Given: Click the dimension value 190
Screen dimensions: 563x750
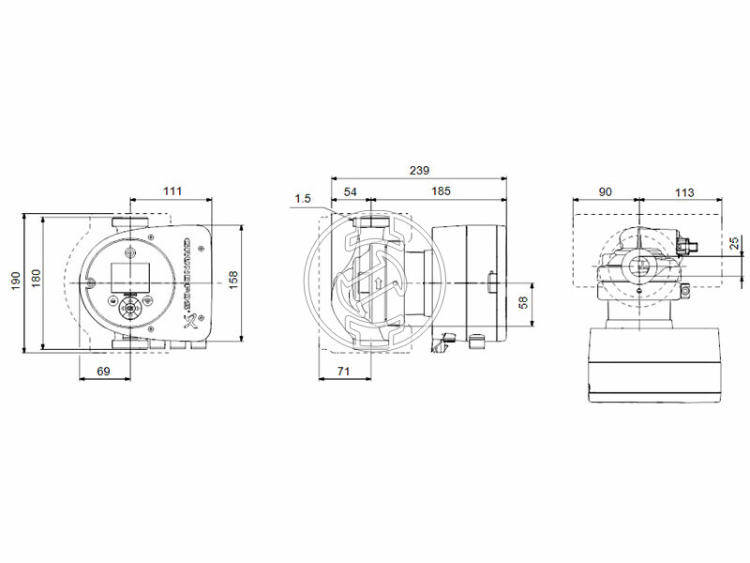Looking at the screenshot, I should (14, 281).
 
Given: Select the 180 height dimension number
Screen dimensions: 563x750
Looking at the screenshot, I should (36, 280).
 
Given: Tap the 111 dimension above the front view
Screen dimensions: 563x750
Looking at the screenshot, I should (172, 190).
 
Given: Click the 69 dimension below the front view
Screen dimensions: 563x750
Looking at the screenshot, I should (103, 373).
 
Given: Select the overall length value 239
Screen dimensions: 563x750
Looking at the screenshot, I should (419, 170).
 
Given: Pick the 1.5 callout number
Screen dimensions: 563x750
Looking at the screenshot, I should (302, 198).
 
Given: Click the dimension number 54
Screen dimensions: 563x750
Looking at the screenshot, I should (350, 190).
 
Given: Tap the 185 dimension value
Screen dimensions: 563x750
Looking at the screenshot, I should (440, 190).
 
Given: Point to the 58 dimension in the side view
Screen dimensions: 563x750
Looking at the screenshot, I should (523, 303).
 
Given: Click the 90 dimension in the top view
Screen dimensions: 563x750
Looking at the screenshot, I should (605, 191).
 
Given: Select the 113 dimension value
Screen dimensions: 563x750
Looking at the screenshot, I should (684, 191).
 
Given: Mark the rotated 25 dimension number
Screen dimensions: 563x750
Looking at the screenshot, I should (733, 244).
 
